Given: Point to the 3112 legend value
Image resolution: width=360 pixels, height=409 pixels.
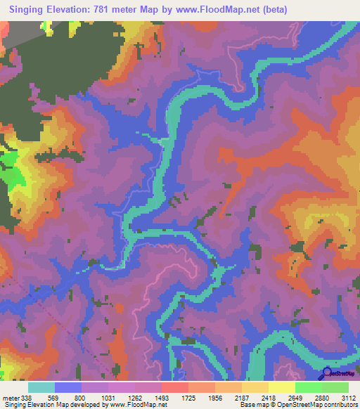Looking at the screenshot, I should [347, 397].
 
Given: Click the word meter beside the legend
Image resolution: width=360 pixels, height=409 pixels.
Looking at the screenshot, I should [11, 397].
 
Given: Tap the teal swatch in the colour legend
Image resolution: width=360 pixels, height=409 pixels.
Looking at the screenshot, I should [41, 387].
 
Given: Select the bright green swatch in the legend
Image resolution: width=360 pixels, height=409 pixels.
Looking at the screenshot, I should [308, 387].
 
